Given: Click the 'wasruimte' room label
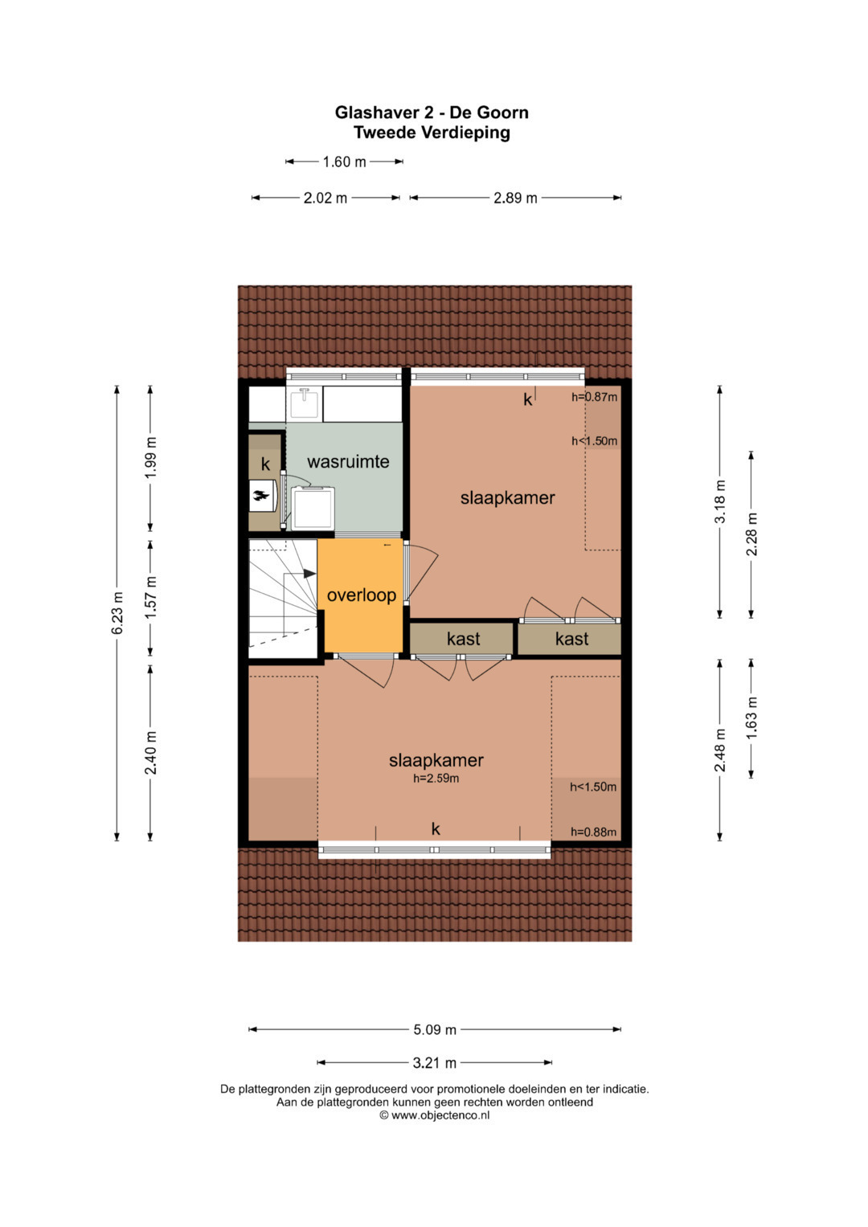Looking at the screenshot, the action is click(348, 461).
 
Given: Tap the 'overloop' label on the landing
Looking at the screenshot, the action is click(361, 595).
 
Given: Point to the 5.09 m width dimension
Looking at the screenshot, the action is click(435, 1030).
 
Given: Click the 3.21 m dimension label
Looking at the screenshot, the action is click(434, 1062).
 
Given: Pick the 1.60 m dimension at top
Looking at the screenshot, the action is click(344, 162).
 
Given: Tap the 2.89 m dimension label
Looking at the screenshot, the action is click(515, 198).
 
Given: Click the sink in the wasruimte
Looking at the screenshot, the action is click(304, 403).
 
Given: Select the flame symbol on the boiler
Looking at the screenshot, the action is click(261, 497).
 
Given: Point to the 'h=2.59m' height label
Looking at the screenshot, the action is click(436, 779).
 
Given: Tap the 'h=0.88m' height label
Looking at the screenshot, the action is click(593, 832).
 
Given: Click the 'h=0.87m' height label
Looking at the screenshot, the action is click(594, 397).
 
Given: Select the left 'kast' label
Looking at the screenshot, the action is click(463, 639).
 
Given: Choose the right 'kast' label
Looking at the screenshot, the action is click(571, 639).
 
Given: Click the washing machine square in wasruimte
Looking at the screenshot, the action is click(313, 508).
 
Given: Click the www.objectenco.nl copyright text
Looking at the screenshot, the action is click(435, 1115).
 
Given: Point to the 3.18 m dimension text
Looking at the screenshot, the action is click(719, 501).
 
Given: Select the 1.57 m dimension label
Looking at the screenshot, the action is click(151, 598).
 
